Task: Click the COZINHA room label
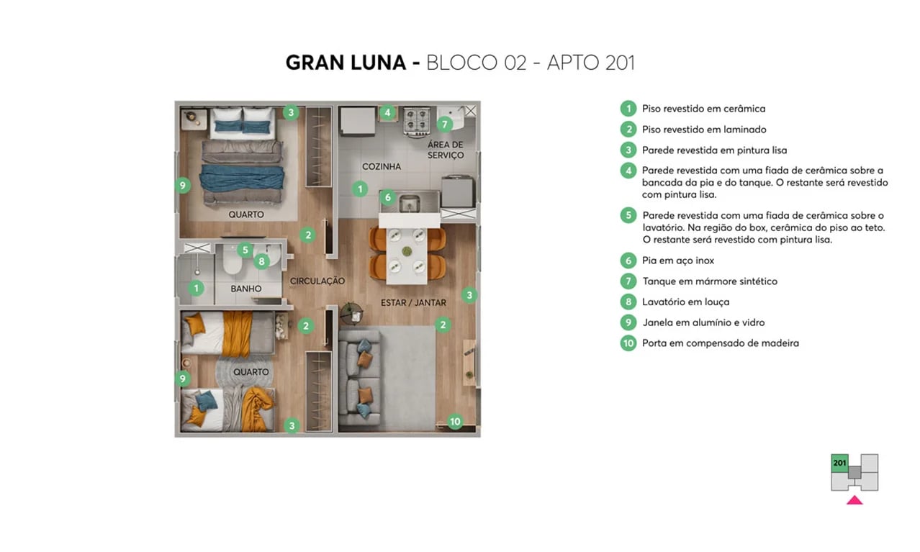(381, 166)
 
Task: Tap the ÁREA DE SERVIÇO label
(446, 150)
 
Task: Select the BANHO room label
(246, 289)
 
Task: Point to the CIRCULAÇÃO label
(317, 281)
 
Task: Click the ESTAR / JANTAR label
(413, 303)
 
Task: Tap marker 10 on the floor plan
(454, 422)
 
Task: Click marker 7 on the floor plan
(444, 124)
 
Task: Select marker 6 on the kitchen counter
(387, 196)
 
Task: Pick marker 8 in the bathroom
(261, 261)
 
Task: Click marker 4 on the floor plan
(387, 112)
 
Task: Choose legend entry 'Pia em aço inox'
(677, 261)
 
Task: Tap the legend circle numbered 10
(628, 343)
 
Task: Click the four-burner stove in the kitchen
(417, 122)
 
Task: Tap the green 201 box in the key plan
(839, 463)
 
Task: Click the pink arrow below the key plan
(854, 500)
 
